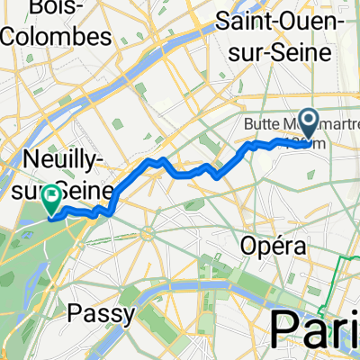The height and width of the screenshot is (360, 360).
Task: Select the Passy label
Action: pos(100,313)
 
